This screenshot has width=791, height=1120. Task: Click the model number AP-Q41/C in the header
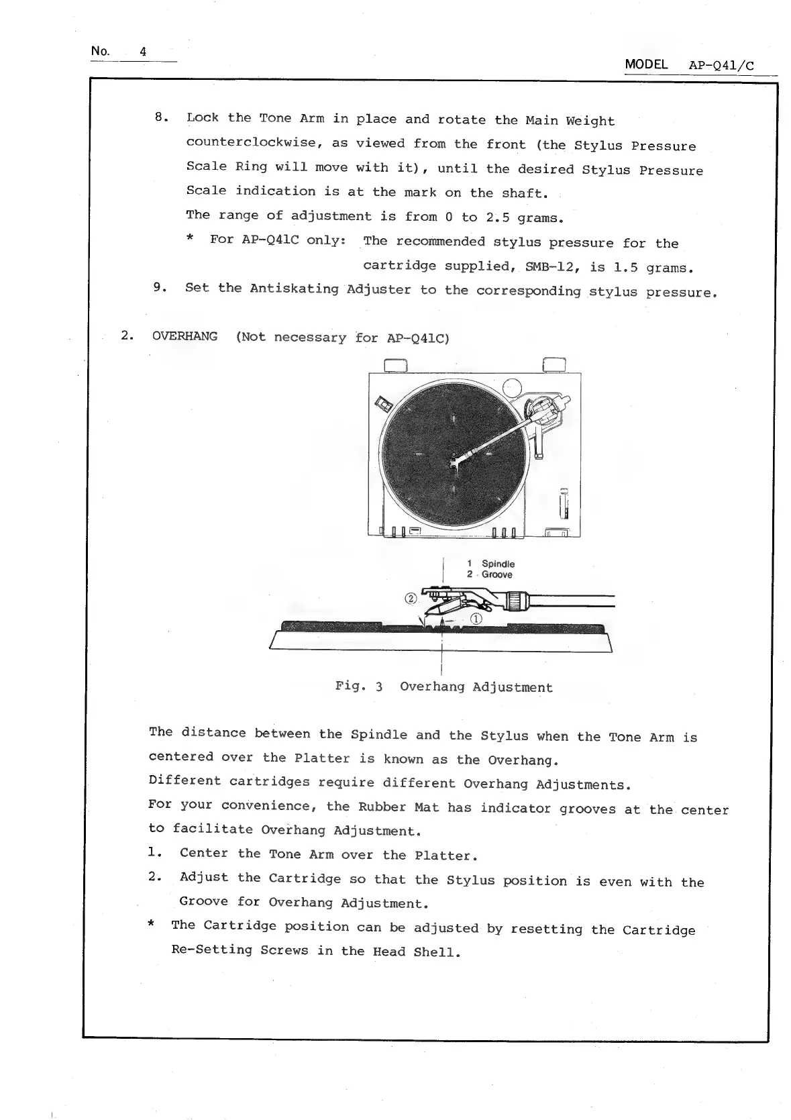click(x=721, y=66)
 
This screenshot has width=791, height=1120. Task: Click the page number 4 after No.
click(x=143, y=52)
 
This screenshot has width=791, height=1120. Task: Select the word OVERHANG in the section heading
click(x=184, y=336)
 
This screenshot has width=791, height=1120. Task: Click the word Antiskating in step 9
click(x=294, y=289)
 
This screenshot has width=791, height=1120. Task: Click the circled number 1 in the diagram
click(x=476, y=619)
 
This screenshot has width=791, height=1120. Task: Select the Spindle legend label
click(x=498, y=564)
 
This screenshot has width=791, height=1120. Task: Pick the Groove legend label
click(x=496, y=574)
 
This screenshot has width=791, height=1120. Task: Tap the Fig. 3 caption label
click(x=359, y=686)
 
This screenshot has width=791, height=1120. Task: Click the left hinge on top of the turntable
click(x=397, y=364)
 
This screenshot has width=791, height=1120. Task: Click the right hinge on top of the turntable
click(x=554, y=364)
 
